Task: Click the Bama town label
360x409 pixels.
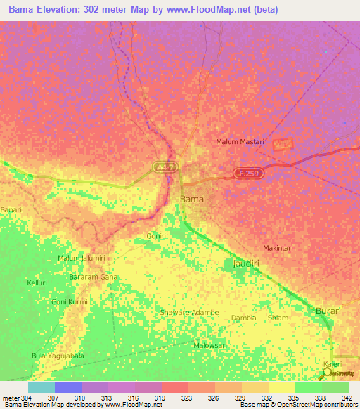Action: (x=193, y=200)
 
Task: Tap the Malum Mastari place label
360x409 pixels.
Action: (x=240, y=142)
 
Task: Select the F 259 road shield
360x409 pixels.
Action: (x=249, y=173)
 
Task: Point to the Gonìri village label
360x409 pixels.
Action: (x=155, y=236)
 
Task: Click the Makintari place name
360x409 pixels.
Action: (x=277, y=248)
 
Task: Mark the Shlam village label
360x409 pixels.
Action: (x=278, y=318)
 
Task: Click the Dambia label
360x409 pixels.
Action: (x=243, y=318)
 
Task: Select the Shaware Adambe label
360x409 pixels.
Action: (x=190, y=312)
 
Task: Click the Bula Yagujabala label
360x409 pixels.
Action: (x=58, y=356)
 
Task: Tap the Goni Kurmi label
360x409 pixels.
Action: (x=69, y=302)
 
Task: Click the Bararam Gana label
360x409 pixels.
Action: (x=94, y=278)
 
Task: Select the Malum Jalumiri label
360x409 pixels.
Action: (x=82, y=259)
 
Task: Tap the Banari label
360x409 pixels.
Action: (x=11, y=210)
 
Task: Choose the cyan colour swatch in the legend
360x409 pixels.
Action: (x=41, y=387)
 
